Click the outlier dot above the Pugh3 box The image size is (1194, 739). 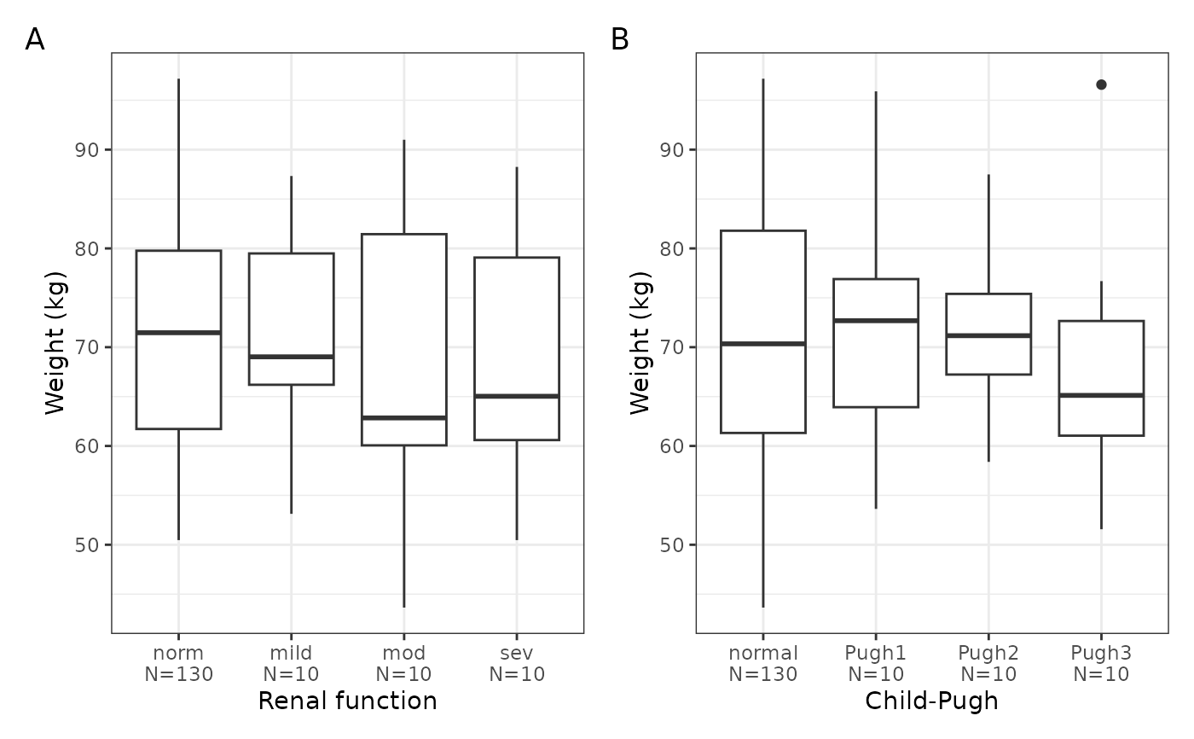(1101, 84)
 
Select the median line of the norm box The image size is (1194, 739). (178, 333)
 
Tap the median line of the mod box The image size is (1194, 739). (404, 417)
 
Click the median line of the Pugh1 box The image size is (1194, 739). (876, 321)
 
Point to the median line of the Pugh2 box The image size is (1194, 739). (988, 335)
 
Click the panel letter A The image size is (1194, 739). (35, 39)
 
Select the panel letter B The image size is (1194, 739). (619, 39)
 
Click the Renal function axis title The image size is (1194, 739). (348, 701)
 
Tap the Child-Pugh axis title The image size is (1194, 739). (931, 701)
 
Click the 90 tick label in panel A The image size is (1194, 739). (87, 150)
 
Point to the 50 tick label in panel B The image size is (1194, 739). (672, 545)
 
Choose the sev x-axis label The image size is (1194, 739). (517, 653)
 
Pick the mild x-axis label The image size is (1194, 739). (291, 653)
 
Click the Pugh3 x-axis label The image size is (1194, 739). (1101, 653)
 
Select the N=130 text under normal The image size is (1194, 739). (762, 674)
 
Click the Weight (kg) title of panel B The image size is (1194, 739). (640, 343)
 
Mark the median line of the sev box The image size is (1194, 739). (517, 396)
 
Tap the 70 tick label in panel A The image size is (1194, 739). (87, 347)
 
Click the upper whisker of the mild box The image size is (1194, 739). (291, 215)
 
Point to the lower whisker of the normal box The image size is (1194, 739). (762, 520)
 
